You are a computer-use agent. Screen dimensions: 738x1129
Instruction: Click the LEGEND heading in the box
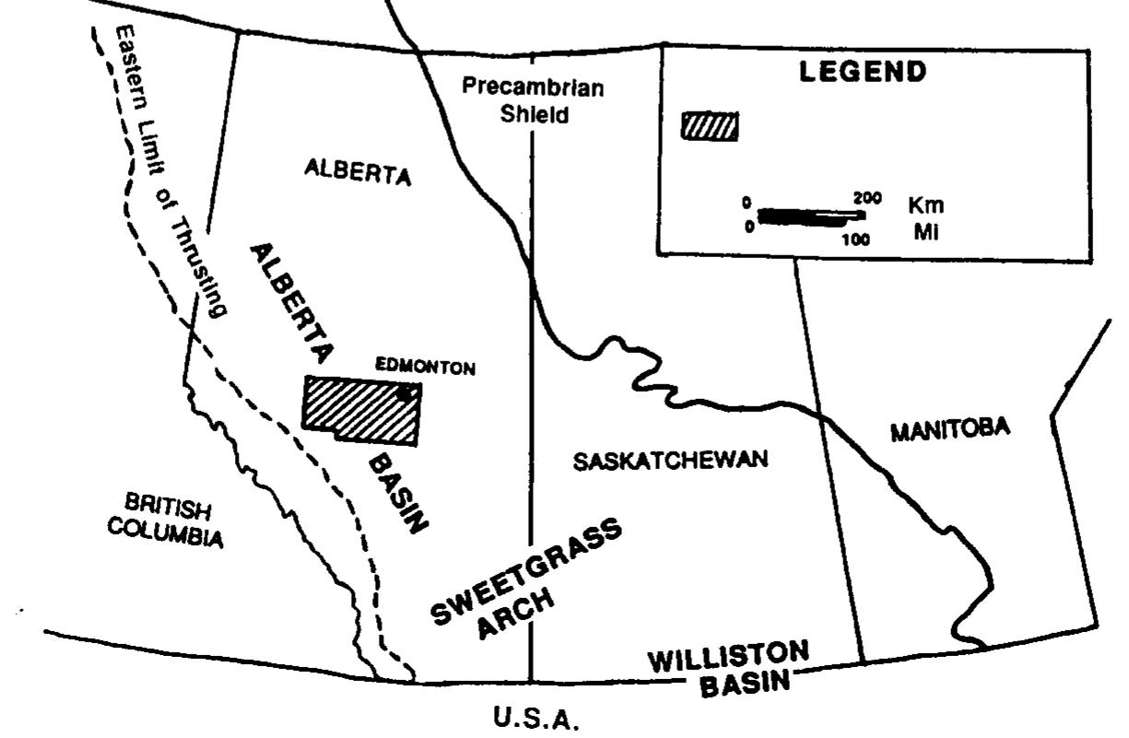coord(863,73)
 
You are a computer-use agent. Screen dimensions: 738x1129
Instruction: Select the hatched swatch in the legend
coord(710,125)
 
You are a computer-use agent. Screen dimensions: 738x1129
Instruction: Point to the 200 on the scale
coord(868,198)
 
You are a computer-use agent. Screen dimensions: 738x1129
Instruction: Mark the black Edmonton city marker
coord(405,393)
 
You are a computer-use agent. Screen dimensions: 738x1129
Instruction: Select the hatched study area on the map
coord(360,410)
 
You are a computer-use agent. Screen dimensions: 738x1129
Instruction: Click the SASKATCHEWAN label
coord(670,461)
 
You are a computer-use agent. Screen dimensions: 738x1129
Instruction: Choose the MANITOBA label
coord(951,428)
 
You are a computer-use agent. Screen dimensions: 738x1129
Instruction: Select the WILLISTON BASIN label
coord(728,669)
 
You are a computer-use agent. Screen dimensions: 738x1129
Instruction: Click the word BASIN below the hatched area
coord(401,492)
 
